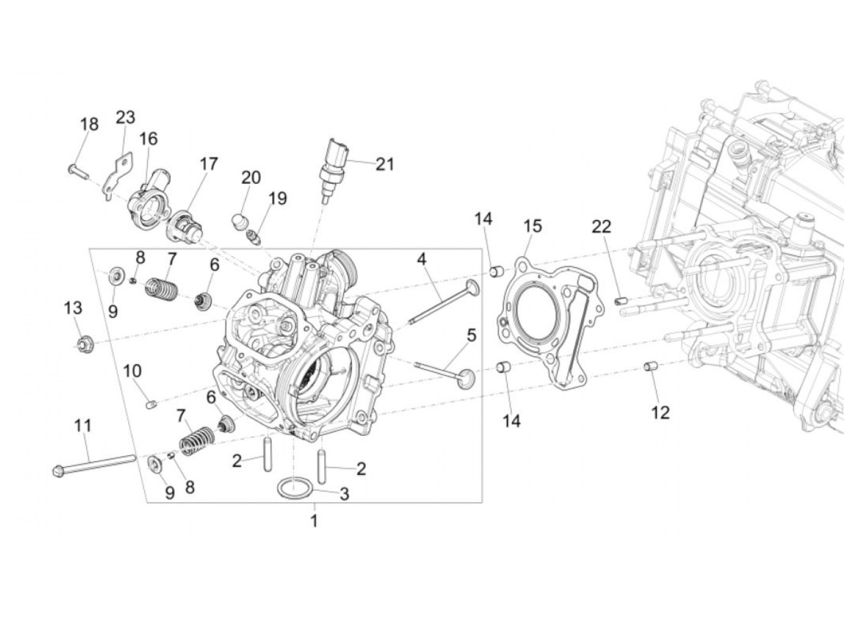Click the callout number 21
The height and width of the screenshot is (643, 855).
pyautogui.click(x=385, y=164)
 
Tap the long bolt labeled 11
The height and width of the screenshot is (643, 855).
pyautogui.click(x=94, y=464)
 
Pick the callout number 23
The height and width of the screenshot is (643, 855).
pyautogui.click(x=125, y=117)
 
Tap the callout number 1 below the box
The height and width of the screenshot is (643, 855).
pyautogui.click(x=314, y=521)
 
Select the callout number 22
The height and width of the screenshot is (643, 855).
pyautogui.click(x=602, y=227)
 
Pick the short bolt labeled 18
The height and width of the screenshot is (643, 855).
pyautogui.click(x=78, y=172)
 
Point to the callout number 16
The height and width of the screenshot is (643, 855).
pyautogui.click(x=148, y=139)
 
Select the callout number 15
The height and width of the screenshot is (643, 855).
pyautogui.click(x=533, y=226)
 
